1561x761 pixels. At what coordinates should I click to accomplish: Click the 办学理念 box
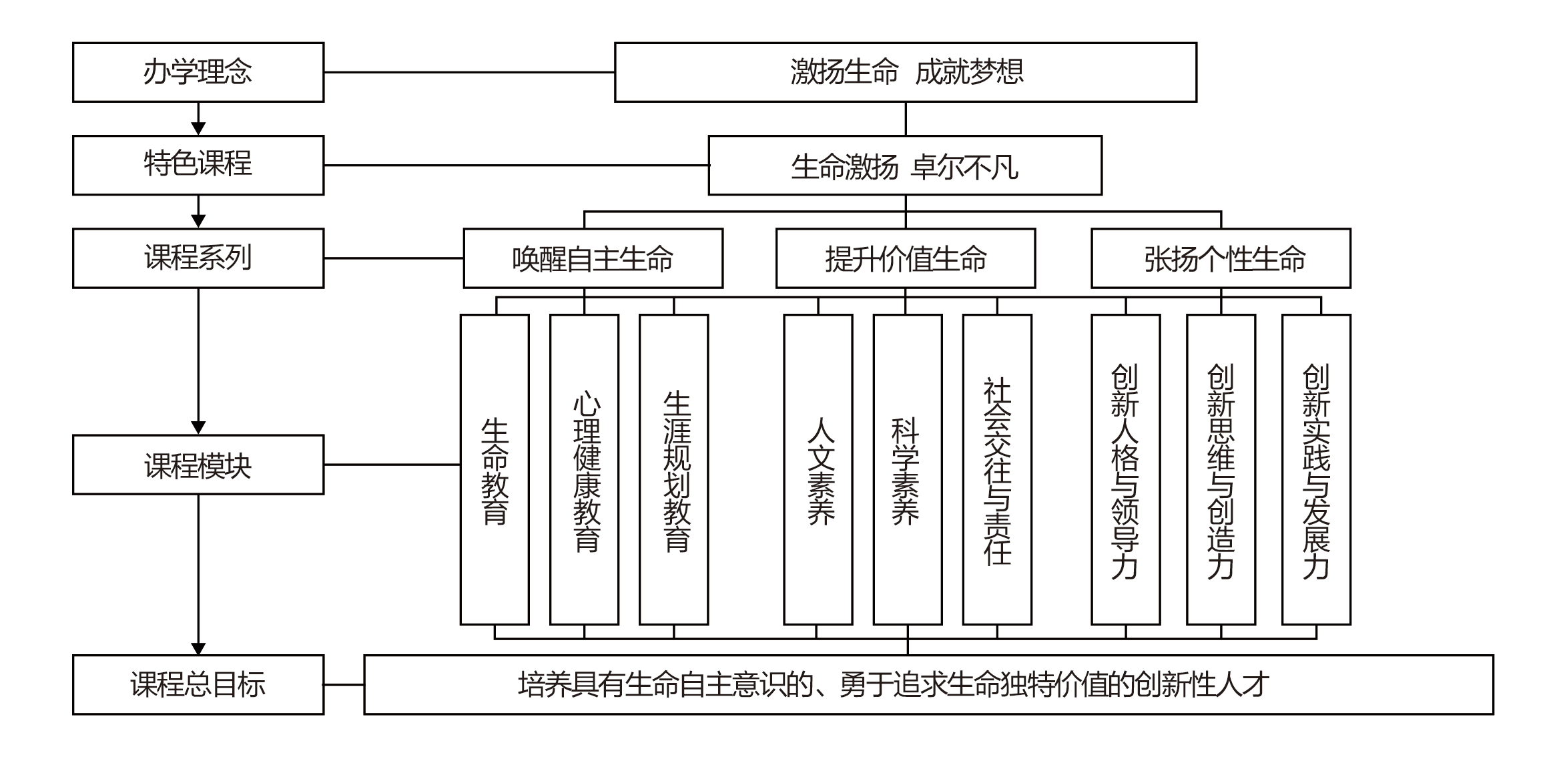click(x=198, y=72)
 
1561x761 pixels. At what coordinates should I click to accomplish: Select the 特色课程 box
click(x=198, y=165)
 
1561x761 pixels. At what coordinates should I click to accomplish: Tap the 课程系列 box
click(x=198, y=258)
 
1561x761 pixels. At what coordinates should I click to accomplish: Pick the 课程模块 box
click(x=198, y=465)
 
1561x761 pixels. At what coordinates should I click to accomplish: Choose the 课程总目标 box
click(x=198, y=684)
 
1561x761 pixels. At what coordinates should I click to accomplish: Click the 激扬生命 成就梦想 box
click(x=906, y=72)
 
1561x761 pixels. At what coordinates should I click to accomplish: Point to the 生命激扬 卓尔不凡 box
click(x=905, y=165)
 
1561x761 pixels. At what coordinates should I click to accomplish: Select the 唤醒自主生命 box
click(x=593, y=258)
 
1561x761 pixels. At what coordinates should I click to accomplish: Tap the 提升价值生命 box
click(x=906, y=258)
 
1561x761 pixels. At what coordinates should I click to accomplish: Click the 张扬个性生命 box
click(x=1221, y=258)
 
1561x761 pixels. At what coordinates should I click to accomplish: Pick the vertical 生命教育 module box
click(x=495, y=469)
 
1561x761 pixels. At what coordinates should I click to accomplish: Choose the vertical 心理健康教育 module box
click(x=584, y=469)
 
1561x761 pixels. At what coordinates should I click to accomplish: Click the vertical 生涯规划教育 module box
click(x=673, y=469)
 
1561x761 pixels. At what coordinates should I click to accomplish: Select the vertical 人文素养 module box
click(x=818, y=469)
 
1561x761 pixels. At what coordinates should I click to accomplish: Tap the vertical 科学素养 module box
click(x=908, y=469)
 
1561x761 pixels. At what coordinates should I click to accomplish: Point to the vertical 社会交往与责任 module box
click(x=997, y=469)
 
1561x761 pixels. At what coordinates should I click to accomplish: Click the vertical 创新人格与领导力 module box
click(x=1126, y=469)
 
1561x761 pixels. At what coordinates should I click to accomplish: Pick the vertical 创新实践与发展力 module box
click(x=1316, y=469)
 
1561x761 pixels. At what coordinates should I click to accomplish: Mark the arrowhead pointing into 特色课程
click(x=198, y=129)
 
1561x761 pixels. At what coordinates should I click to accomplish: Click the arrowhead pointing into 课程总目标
click(x=198, y=648)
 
